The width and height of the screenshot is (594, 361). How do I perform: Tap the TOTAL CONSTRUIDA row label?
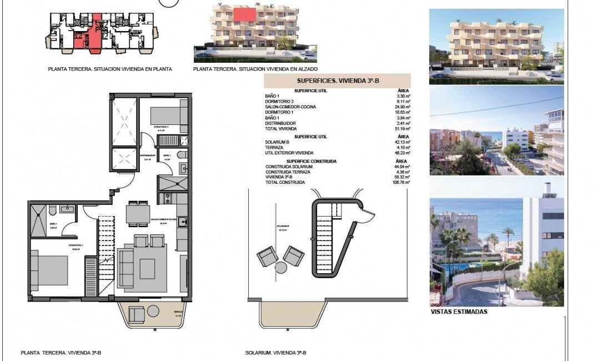285,182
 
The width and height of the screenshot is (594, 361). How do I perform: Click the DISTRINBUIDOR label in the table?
280,123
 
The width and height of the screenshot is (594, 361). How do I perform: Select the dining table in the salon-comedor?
138,213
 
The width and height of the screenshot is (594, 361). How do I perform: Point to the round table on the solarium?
281,267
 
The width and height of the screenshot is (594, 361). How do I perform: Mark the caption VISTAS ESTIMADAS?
459,312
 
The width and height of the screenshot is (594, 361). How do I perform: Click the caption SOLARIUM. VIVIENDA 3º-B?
276,353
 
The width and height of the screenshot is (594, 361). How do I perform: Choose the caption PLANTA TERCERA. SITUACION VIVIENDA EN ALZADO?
255,69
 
